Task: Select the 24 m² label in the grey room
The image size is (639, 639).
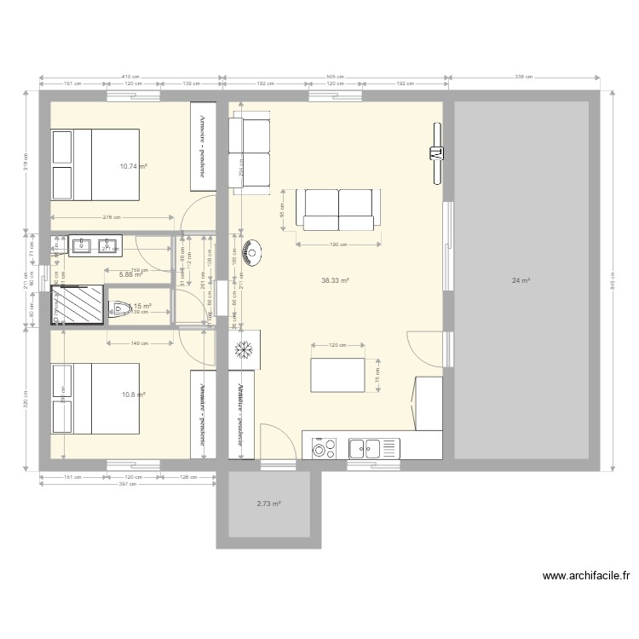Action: [x=521, y=280]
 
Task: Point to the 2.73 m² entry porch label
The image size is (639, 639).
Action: [x=269, y=504]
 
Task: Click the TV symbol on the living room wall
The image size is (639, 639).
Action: [x=436, y=154]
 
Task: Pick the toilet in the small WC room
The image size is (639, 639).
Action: [x=119, y=308]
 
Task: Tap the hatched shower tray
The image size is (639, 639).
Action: [x=78, y=305]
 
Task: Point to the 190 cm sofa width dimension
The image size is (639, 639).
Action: [x=338, y=245]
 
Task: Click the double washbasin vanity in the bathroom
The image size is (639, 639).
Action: [x=95, y=246]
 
